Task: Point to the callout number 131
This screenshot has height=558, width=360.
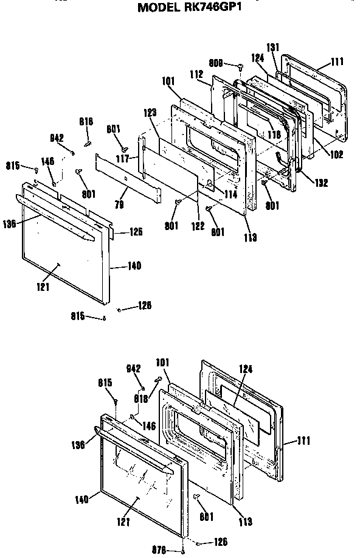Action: (x=273, y=48)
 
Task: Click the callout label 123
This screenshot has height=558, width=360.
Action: (x=151, y=113)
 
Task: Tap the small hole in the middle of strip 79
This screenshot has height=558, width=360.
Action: (x=124, y=178)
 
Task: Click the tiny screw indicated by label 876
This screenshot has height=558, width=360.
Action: (x=184, y=552)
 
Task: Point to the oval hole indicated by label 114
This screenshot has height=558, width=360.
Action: (x=209, y=183)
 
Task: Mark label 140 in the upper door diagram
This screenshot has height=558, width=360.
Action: (x=134, y=266)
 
